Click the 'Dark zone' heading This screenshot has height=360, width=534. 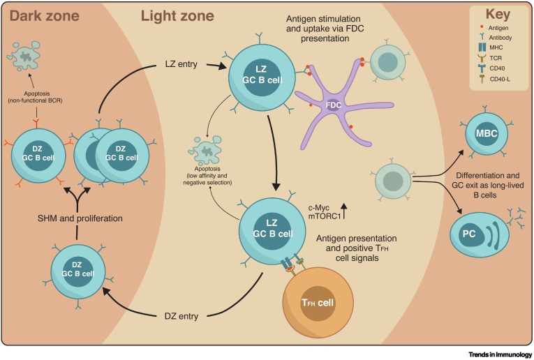pos(45,15)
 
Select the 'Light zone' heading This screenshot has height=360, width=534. pos(177,15)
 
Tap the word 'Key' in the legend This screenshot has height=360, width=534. pos(498,15)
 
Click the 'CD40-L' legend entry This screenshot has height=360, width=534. pos(497,80)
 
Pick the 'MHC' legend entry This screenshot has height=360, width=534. pos(493,47)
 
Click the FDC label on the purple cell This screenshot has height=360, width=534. pos(334,105)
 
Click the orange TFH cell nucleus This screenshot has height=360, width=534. pos(318,302)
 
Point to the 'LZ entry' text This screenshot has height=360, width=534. pos(179,64)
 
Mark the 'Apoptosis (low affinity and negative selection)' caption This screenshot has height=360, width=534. pos(205,176)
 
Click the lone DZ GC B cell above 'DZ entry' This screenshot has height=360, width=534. pos(78,271)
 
